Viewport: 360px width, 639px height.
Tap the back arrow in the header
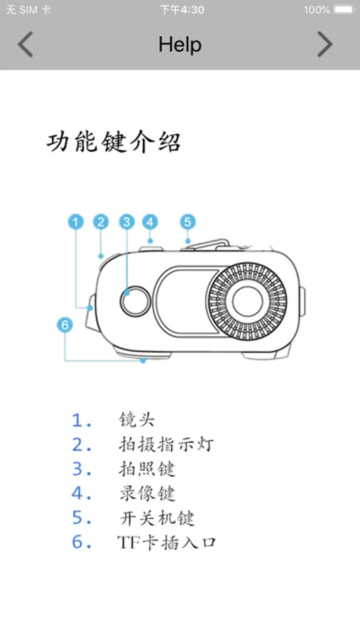[x=25, y=45]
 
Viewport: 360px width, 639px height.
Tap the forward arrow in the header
[x=325, y=45]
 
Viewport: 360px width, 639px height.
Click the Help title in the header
[x=180, y=45]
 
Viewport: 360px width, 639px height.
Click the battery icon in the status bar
[x=344, y=10]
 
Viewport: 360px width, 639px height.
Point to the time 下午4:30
[x=182, y=10]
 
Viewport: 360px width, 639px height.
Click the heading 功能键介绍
[x=114, y=143]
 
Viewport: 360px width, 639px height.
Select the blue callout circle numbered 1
[x=75, y=222]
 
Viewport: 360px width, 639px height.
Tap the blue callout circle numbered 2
[x=101, y=222]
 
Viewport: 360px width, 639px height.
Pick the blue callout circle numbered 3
[x=127, y=222]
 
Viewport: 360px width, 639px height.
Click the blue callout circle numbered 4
[x=150, y=222]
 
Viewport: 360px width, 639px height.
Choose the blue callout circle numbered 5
[x=187, y=222]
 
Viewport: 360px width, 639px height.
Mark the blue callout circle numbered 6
[x=65, y=324]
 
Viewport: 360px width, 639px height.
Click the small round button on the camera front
[x=135, y=301]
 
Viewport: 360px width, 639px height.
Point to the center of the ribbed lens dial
[x=247, y=301]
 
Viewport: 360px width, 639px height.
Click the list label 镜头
[x=137, y=420]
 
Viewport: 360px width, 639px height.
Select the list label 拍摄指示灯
[x=166, y=444]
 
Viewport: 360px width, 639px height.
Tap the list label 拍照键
[x=147, y=469]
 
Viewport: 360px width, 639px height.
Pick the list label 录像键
[x=147, y=493]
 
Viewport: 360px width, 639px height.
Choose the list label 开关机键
[x=157, y=518]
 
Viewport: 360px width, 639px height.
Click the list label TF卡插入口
[x=166, y=542]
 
